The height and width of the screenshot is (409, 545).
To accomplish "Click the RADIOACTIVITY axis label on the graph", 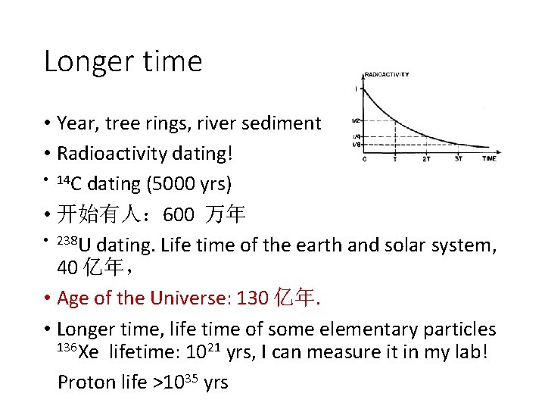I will [x=387, y=74].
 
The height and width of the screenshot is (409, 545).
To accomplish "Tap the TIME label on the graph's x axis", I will [x=489, y=159].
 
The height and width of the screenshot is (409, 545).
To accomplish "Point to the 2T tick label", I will [x=426, y=159].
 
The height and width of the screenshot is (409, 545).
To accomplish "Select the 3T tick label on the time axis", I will [x=458, y=159].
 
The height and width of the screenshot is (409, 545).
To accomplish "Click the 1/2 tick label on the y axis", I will [x=356, y=120].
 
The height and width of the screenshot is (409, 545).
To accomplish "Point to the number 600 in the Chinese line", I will [x=179, y=215].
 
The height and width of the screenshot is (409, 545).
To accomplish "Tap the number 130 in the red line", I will [x=253, y=298].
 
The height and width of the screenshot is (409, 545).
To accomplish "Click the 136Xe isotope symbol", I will [x=77, y=352].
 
